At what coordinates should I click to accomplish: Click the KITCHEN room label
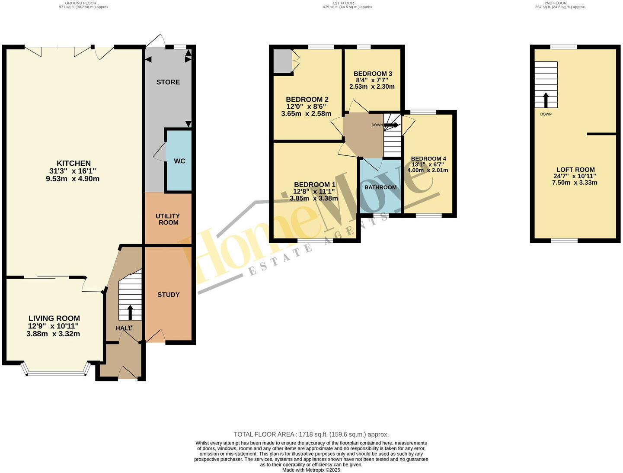(74, 163)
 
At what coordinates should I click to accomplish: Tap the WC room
(179, 161)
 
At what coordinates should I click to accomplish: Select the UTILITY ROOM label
(168, 219)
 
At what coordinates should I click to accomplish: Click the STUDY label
(168, 294)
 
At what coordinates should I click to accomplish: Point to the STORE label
(168, 82)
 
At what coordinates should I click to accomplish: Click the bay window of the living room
(56, 372)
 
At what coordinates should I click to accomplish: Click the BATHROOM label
(380, 187)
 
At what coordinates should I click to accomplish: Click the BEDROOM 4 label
(428, 158)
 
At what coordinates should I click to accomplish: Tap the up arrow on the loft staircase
(546, 100)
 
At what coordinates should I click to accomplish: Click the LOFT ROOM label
(575, 170)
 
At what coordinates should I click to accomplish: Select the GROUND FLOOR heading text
(84, 3)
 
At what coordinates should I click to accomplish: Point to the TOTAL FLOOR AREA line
(311, 434)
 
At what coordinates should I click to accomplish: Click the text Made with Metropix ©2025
(311, 470)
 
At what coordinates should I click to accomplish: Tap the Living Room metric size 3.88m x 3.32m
(53, 334)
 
